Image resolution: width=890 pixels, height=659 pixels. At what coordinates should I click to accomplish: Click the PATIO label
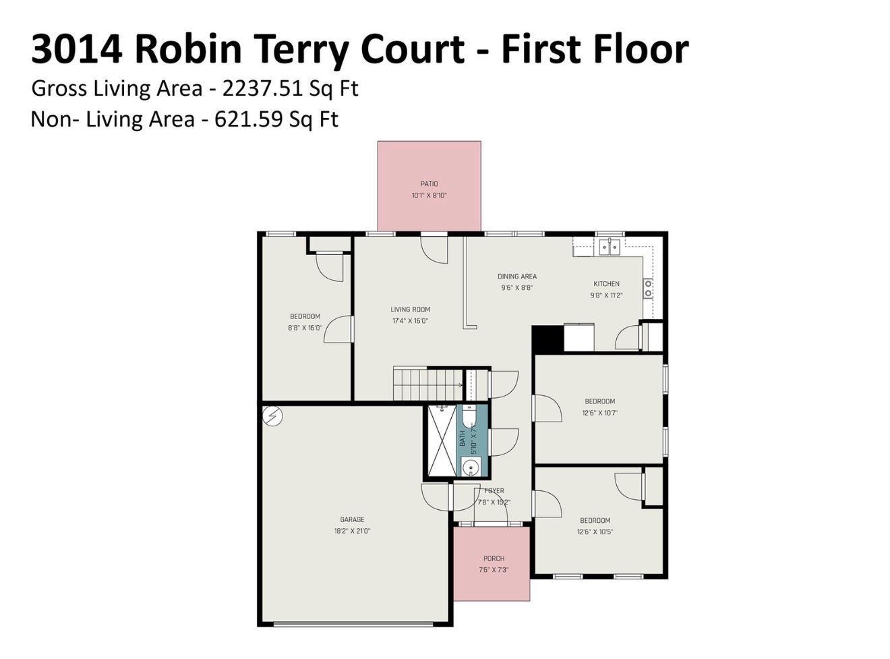(x=429, y=184)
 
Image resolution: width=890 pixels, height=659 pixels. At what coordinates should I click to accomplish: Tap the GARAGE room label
(x=352, y=519)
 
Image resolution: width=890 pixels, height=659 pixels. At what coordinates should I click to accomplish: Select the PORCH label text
(x=494, y=558)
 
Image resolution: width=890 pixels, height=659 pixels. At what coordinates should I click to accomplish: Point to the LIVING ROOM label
(x=410, y=310)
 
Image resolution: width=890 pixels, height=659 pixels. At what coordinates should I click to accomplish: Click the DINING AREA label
(x=517, y=277)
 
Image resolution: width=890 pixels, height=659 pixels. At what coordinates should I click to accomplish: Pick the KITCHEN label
(x=606, y=284)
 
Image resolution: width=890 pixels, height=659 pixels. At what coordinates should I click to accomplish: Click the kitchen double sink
(x=610, y=247)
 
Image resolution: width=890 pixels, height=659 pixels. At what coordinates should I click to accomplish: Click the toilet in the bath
(x=468, y=416)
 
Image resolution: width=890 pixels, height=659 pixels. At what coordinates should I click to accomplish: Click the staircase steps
(x=427, y=384)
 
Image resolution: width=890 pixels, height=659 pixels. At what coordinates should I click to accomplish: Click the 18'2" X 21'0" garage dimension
(x=352, y=531)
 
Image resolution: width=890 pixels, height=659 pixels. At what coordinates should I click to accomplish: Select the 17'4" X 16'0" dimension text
(x=410, y=321)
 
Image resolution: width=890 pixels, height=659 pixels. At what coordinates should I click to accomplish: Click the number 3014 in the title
(x=77, y=49)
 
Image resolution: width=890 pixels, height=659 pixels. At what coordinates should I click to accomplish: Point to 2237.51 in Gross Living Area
(x=262, y=88)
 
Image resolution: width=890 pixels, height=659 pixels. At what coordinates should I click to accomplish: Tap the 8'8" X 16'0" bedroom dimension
(x=305, y=328)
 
